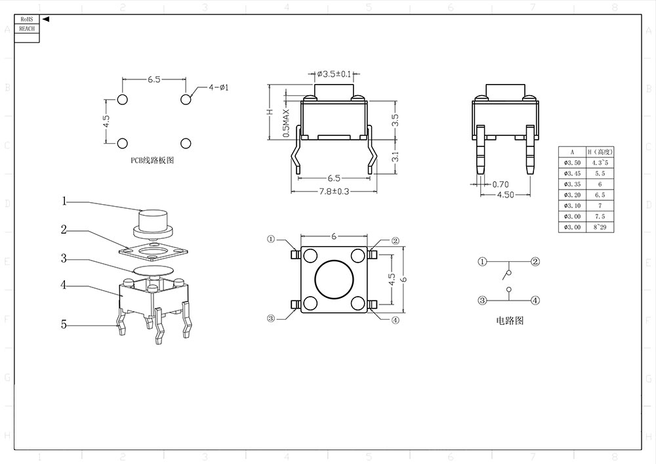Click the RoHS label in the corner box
pyautogui.click(x=26, y=20)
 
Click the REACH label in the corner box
pyautogui.click(x=26, y=29)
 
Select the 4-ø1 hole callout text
pyautogui.click(x=218, y=87)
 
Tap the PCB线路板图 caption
pyautogui.click(x=152, y=159)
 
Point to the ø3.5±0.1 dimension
pyautogui.click(x=334, y=74)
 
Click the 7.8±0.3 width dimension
pyautogui.click(x=334, y=191)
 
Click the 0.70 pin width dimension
pyautogui.click(x=501, y=184)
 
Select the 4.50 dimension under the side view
pyautogui.click(x=506, y=194)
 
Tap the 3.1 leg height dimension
pyautogui.click(x=396, y=157)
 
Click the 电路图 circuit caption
pyautogui.click(x=510, y=321)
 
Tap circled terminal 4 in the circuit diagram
pyautogui.click(x=535, y=301)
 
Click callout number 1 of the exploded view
pyautogui.click(x=64, y=201)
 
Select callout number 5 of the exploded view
pyautogui.click(x=64, y=324)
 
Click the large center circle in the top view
pyautogui.click(x=334, y=279)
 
